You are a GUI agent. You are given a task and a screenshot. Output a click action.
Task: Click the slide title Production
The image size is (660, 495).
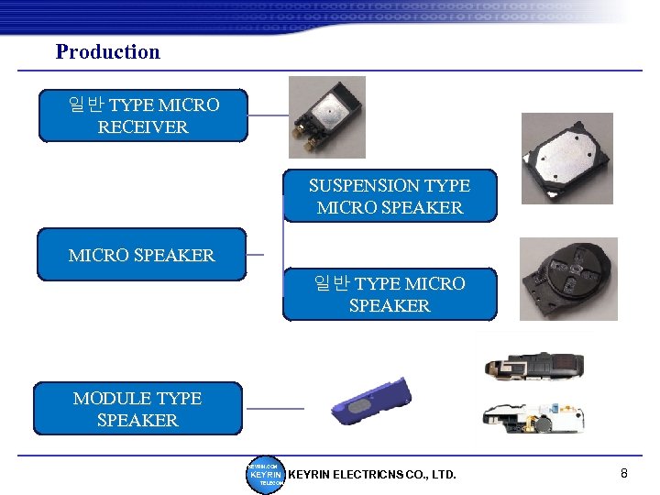[107, 51]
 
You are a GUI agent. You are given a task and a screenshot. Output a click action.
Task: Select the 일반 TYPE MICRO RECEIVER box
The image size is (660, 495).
[143, 115]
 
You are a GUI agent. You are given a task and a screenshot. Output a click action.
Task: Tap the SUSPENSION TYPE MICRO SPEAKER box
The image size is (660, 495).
[390, 196]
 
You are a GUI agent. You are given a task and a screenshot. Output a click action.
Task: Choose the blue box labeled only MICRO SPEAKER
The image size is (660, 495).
[141, 255]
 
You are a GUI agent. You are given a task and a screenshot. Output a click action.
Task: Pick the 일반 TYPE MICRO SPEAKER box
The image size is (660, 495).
[390, 294]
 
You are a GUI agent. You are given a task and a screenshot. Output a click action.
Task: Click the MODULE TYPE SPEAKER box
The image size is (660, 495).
[137, 409]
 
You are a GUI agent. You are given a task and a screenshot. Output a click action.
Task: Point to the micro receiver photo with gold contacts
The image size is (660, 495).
[326, 116]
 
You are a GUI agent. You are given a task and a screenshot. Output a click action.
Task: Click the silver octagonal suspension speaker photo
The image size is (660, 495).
[566, 158]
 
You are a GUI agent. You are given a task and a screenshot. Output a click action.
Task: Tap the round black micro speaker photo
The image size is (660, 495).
[568, 279]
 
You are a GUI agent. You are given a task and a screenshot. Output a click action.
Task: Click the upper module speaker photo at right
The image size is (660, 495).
[533, 366]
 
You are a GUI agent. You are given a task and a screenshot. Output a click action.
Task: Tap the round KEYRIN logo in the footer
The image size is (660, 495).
[266, 474]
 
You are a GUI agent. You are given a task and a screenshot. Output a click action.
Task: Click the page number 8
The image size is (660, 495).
[624, 473]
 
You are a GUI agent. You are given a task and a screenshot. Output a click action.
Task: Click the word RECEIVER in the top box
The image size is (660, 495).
[143, 127]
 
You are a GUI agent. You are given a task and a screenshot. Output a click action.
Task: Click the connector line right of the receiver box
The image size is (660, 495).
[268, 115]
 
